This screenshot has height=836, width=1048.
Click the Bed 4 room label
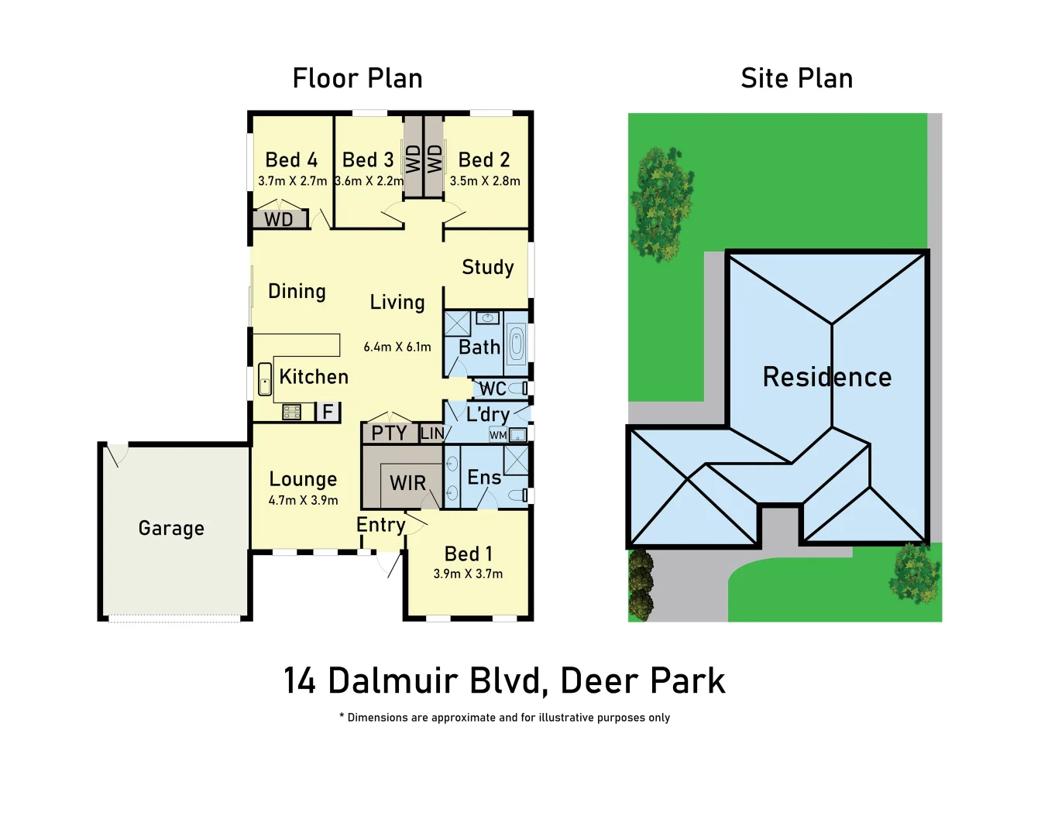291,160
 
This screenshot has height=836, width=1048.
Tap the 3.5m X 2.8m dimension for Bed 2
485,181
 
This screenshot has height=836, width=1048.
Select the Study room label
488,267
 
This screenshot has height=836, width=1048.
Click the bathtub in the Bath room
517,344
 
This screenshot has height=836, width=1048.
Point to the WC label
493,389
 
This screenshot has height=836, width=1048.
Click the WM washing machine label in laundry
498,435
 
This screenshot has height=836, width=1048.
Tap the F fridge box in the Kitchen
328,412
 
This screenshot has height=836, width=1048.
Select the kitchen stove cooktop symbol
291,412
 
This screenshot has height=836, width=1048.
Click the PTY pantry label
389,433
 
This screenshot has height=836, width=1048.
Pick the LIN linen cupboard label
432,433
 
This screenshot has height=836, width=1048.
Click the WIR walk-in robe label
407,483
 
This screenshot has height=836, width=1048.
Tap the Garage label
171,529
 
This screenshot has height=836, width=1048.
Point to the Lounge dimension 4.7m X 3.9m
303,501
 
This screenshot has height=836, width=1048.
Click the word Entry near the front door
380,525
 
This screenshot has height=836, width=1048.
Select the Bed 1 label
468,554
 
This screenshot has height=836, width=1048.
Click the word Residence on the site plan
826,377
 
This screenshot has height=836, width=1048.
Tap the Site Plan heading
796,78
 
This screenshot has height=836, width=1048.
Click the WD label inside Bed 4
279,220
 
